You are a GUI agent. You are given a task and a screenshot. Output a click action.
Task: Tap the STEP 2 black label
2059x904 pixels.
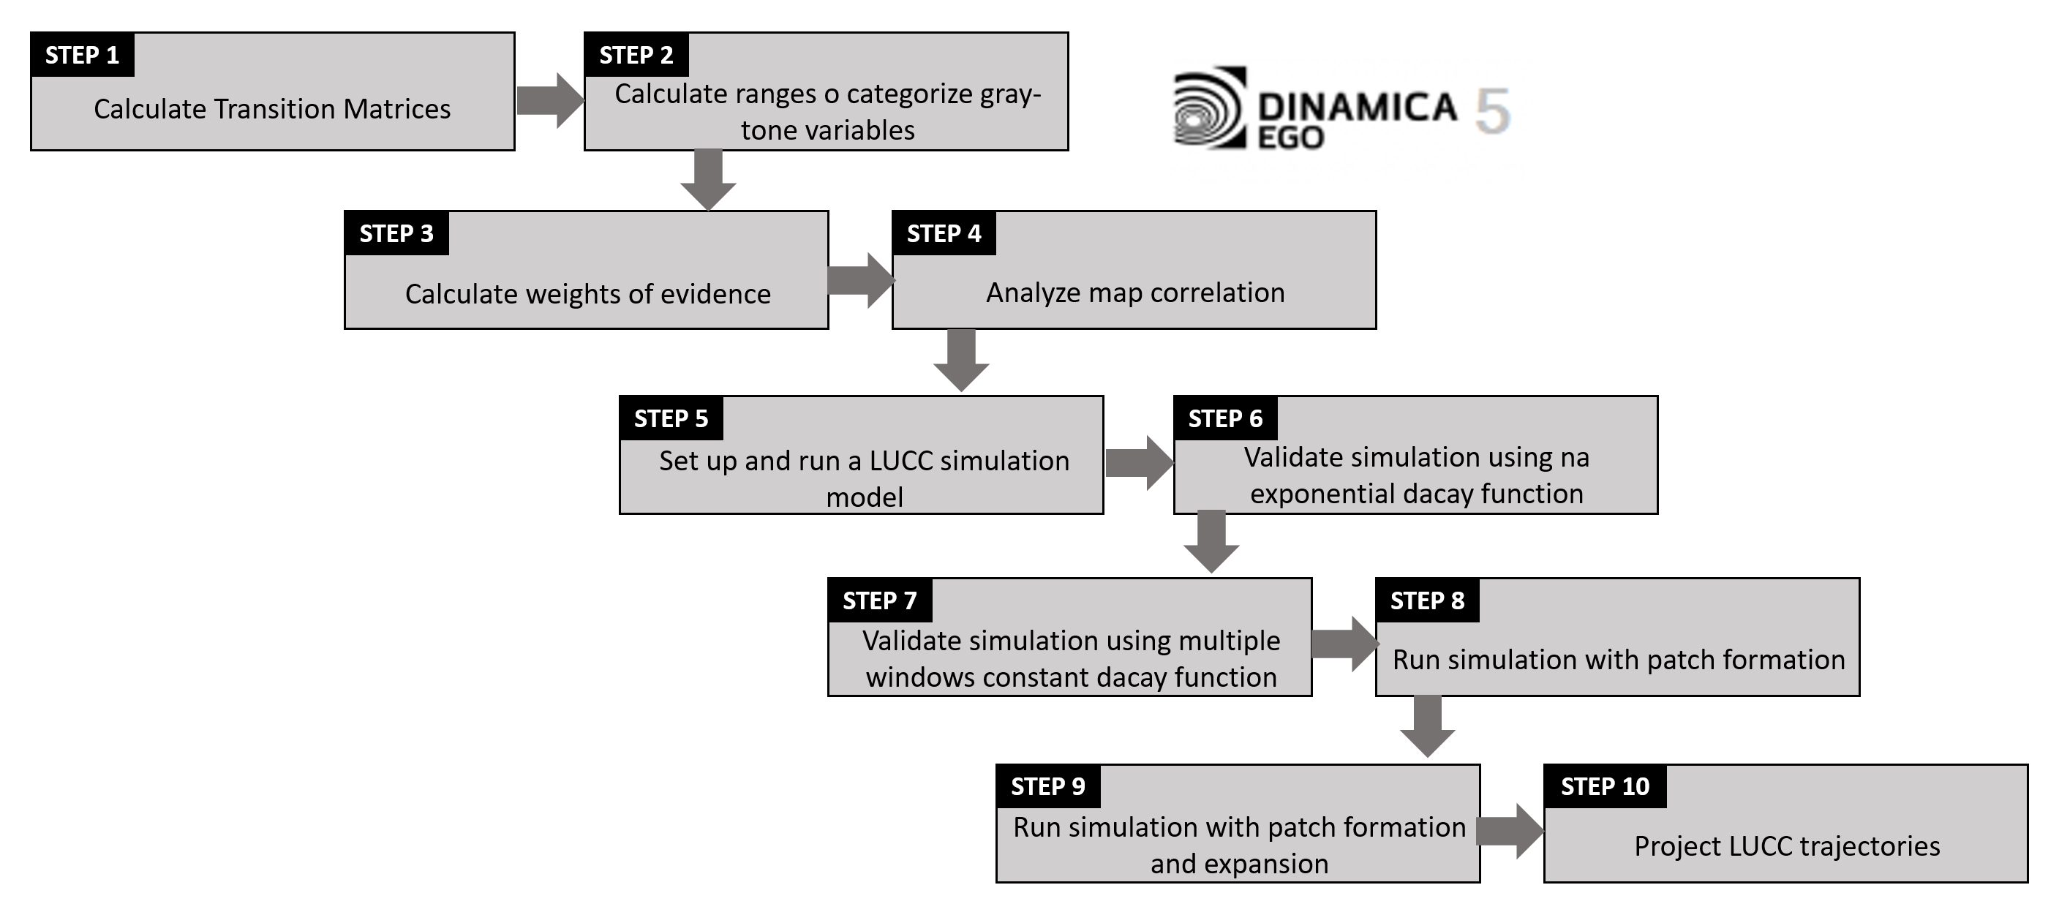click(x=636, y=55)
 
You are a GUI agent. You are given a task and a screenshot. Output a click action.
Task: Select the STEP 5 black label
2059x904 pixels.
click(x=671, y=419)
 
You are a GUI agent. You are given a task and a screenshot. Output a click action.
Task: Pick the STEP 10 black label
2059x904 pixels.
click(x=1604, y=786)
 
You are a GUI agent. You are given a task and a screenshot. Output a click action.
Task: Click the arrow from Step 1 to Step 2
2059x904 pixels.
click(x=550, y=101)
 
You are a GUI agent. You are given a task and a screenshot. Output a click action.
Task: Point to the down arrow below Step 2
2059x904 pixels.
click(x=708, y=179)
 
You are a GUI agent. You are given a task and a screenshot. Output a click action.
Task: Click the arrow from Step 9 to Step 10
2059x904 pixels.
click(x=1509, y=832)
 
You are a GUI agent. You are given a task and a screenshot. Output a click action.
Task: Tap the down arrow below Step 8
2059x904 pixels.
click(x=1428, y=726)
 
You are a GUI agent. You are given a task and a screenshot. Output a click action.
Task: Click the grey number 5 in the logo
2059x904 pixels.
click(x=1491, y=110)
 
